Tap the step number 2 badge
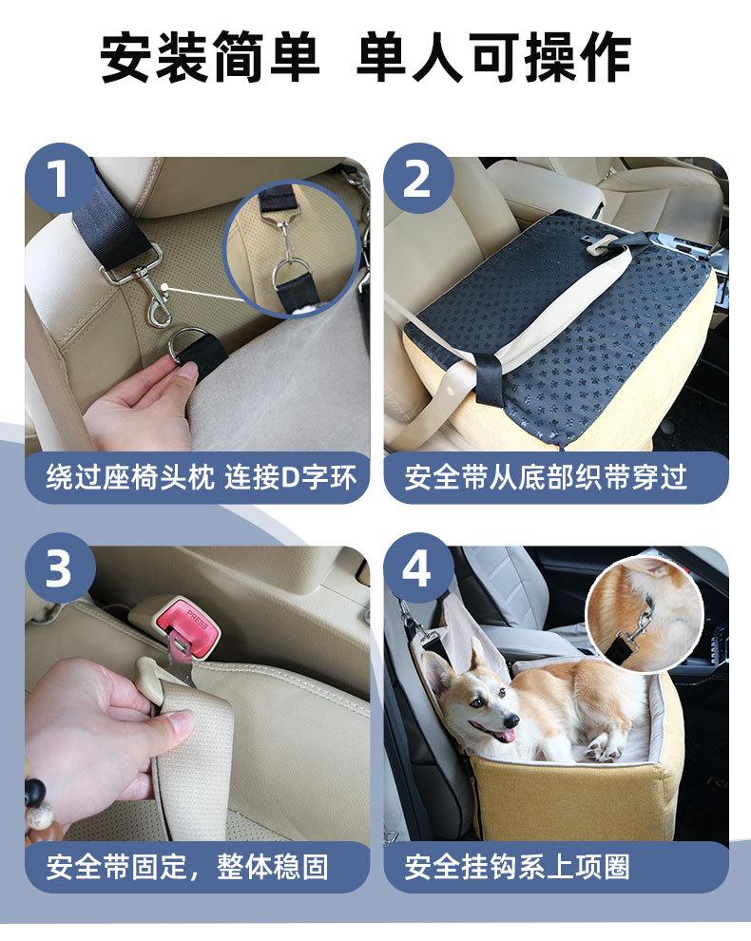click(x=418, y=179)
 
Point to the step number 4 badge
click(x=418, y=567)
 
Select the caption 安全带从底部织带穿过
click(x=546, y=478)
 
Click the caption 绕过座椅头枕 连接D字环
click(x=202, y=478)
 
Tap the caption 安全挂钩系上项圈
click(x=517, y=867)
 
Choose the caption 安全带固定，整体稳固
click(x=187, y=867)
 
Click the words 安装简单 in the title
click(x=209, y=58)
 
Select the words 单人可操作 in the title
click(x=493, y=58)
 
